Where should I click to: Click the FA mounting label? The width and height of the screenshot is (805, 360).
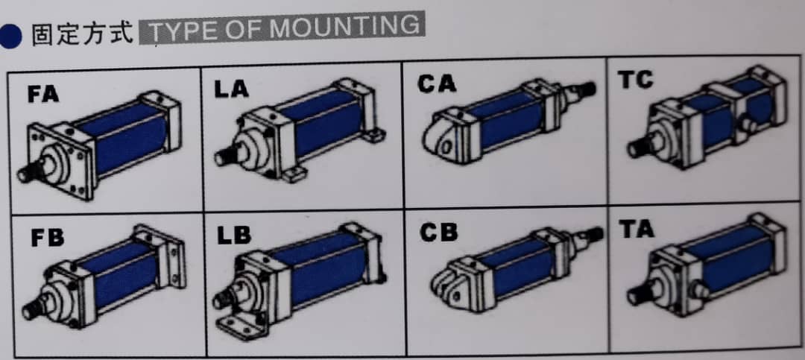pos(43,95)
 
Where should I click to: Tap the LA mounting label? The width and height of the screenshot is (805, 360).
pos(232,89)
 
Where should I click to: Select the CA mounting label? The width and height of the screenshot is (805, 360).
pos(436,83)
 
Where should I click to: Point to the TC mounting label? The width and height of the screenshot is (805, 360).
pos(636,80)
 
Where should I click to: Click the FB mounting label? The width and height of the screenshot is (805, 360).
pos(47,239)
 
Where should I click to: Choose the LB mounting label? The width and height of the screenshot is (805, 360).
pos(234,235)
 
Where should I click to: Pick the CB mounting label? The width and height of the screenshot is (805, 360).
pos(438,233)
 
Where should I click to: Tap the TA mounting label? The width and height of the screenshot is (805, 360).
pos(637,229)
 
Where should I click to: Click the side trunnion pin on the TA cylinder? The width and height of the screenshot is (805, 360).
pos(700,290)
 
